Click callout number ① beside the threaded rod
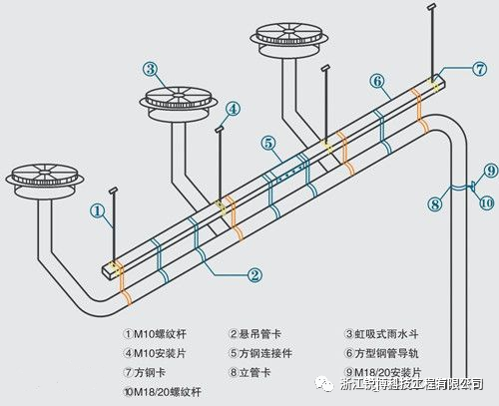[x=97, y=209]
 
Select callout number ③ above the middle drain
[x=150, y=69]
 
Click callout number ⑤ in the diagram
[x=269, y=143]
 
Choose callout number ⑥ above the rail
[x=376, y=80]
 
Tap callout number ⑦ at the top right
[x=479, y=69]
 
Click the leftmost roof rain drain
[x=41, y=174]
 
